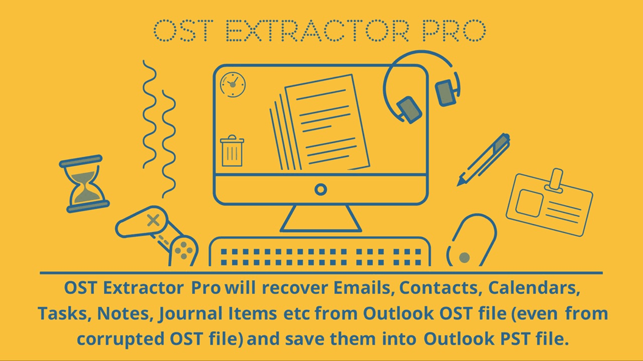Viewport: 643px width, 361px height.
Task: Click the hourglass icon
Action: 85,183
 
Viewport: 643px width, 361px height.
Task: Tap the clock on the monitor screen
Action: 232,84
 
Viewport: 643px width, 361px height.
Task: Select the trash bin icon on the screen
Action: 232,150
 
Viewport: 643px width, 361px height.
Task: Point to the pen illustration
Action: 483,159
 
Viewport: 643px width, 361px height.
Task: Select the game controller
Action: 157,235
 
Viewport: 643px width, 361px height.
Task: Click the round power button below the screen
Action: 321,190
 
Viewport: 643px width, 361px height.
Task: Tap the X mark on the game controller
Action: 153,219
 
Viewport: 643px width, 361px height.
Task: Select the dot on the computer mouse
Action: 464,258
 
